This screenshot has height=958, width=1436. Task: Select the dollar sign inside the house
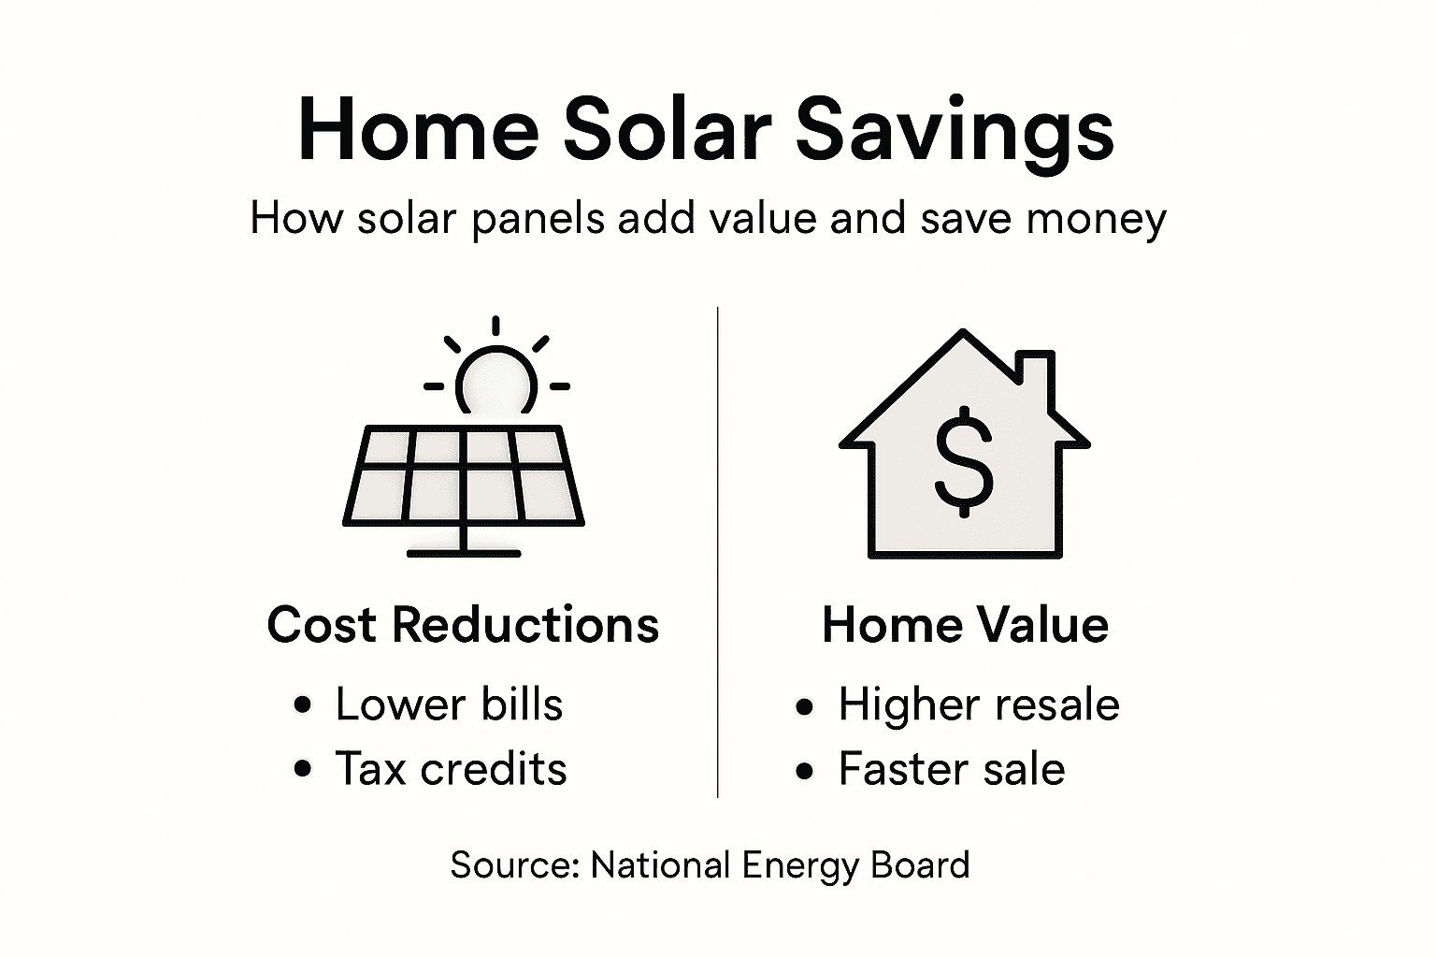coord(964,465)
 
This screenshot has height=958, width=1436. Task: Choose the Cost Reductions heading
coord(463,624)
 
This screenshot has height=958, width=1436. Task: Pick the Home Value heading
coord(965,624)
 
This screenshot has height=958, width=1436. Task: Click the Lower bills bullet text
coord(449,704)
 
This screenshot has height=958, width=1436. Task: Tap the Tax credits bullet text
coord(451,769)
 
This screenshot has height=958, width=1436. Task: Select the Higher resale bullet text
coord(978,704)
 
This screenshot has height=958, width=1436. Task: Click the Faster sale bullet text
coord(951,769)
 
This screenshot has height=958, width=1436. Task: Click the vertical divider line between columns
coord(717,552)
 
